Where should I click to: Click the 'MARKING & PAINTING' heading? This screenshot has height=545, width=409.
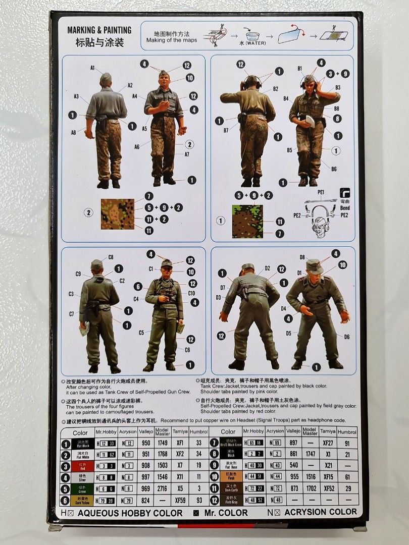click(99, 30)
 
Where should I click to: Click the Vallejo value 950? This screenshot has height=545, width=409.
click(146, 443)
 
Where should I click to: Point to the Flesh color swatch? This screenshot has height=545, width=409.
click(228, 477)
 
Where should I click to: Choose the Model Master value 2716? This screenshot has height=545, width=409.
click(163, 488)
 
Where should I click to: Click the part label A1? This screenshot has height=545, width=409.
click(93, 67)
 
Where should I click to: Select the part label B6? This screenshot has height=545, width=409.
click(334, 169)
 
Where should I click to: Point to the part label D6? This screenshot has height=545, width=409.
click(347, 337)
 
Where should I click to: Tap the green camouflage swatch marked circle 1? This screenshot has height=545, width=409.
click(247, 221)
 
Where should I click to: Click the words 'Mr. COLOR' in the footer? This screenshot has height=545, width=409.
click(226, 513)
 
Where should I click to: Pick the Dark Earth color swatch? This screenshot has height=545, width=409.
click(228, 488)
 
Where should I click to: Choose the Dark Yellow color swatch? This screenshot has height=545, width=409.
click(82, 500)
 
